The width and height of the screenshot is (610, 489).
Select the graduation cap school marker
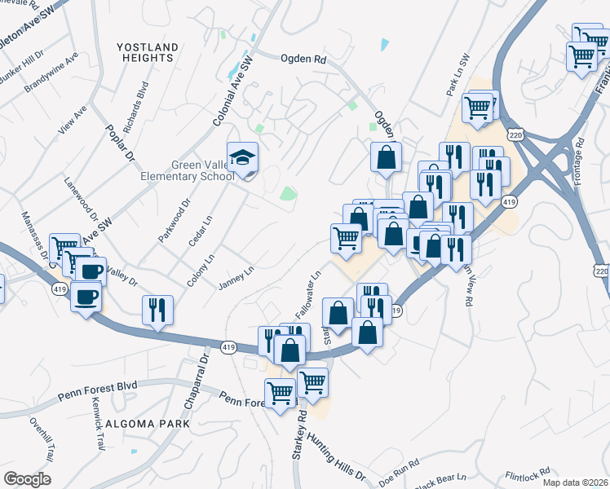tap(242, 158)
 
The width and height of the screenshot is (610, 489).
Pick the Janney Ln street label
tap(236, 278)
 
